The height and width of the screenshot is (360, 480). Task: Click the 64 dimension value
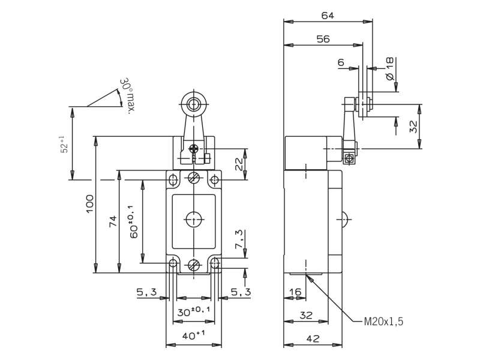point(328,16)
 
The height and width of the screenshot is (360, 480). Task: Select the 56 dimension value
point(323,39)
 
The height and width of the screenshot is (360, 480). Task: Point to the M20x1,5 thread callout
point(383,322)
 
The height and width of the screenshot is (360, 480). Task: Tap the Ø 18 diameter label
point(389,69)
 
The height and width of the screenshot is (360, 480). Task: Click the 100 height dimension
point(89,204)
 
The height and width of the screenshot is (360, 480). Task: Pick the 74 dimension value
point(113,221)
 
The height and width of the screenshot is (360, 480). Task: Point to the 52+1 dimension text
point(64,144)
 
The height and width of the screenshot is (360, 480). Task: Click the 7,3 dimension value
point(239,239)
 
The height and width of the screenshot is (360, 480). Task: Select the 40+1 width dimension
point(193,335)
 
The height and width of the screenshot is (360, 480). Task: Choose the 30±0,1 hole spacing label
point(194,311)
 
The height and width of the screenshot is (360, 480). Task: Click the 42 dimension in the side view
point(313,338)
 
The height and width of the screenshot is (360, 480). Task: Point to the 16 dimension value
point(295,292)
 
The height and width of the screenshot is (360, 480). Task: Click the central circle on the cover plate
point(194,219)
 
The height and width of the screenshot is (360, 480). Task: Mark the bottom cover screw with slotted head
point(194,265)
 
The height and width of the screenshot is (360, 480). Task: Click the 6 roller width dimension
point(341,62)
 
